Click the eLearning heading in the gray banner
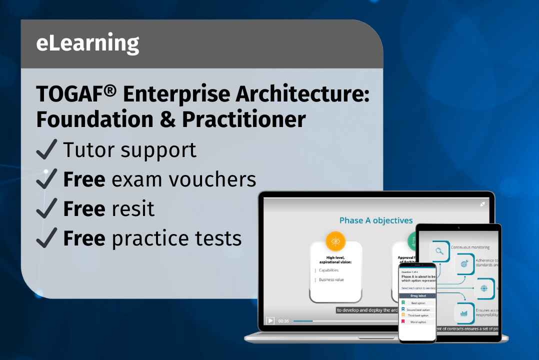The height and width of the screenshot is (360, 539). coord(87,44)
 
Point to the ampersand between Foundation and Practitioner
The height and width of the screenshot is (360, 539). coord(168,119)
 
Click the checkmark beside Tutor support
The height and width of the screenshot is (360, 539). coord(46,149)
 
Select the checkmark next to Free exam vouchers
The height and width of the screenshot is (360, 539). coord(46,179)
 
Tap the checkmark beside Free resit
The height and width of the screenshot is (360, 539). coord(46,208)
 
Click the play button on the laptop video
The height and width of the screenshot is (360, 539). coord(270,320)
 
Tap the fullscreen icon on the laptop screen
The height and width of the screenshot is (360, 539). coord(482,204)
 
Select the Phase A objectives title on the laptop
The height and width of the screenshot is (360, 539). coord(376,220)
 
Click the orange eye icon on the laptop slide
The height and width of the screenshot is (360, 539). coord(335,241)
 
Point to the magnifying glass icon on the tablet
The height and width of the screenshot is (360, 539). coord(439,251)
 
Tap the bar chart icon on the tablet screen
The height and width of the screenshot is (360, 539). coord(463,313)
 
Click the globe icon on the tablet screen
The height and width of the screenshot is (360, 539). coord(483,288)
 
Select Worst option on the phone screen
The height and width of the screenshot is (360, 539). coord(418,322)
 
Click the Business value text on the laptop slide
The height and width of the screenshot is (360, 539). coord(331,280)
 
